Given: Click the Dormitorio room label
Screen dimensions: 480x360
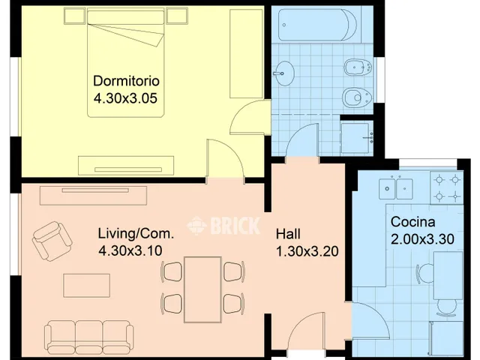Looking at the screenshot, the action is pyautogui.click(x=126, y=81).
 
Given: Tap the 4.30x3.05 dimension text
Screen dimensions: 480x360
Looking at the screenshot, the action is pyautogui.click(x=125, y=98).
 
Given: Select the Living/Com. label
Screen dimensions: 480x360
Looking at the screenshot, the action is pyautogui.click(x=136, y=233).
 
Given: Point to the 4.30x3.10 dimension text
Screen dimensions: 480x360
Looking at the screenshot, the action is pyautogui.click(x=130, y=250).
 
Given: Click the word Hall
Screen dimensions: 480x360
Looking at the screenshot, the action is pyautogui.click(x=288, y=234).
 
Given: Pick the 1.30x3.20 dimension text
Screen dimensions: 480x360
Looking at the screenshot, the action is pyautogui.click(x=307, y=251).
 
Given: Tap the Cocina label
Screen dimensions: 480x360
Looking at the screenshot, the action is pyautogui.click(x=412, y=222).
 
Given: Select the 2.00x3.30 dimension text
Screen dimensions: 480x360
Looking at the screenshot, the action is pyautogui.click(x=422, y=239).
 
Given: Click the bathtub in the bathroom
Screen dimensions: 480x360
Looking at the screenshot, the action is pyautogui.click(x=317, y=25).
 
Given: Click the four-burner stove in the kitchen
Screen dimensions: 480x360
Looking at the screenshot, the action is pyautogui.click(x=447, y=187).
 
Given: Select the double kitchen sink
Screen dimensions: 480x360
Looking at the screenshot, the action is pyautogui.click(x=396, y=188).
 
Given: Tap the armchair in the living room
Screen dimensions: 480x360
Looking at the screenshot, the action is pyautogui.click(x=52, y=241).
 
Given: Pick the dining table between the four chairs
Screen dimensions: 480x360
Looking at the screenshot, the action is pyautogui.click(x=202, y=289).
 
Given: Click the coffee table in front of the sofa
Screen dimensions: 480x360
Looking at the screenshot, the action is pyautogui.click(x=87, y=286).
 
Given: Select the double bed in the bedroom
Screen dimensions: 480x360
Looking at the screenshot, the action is pyautogui.click(x=125, y=63).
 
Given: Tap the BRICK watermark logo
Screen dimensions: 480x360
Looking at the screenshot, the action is pyautogui.click(x=223, y=226).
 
